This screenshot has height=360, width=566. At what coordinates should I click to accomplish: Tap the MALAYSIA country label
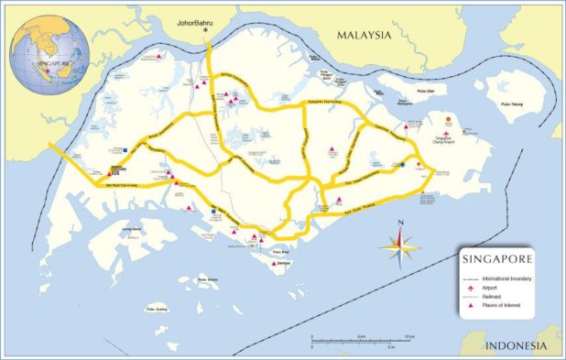[363, 35]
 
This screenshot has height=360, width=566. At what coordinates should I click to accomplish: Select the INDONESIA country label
[518, 345]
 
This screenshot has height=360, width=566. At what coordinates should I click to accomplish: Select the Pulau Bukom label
[212, 279]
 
